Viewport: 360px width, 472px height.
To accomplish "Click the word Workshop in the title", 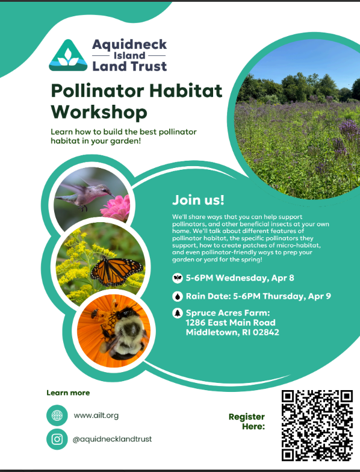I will coord(99,112).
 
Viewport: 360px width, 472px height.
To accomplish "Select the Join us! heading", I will coord(198,200).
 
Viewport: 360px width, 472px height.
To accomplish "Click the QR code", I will coord(317,425).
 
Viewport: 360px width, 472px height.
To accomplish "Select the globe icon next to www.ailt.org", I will coord(57,415).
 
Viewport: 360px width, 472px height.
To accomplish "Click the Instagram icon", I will coord(57,439).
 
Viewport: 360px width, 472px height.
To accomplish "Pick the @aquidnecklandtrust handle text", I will coord(112,439).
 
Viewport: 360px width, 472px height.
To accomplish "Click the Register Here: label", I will coord(246,421).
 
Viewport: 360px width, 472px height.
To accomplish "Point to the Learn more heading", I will coord(68,393).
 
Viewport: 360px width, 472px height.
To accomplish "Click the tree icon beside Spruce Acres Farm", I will coord(177,313).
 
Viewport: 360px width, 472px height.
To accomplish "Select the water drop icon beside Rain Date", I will coord(177,296).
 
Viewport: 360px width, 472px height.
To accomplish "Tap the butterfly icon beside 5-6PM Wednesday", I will coord(177,278).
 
